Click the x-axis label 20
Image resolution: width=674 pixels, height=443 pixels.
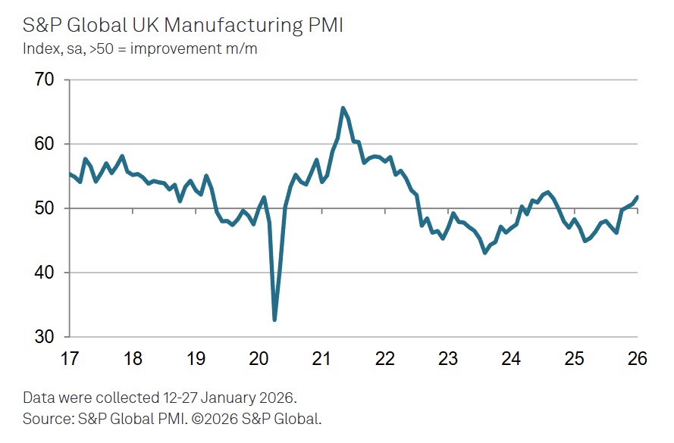click(259, 358)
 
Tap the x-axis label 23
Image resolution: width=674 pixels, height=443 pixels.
click(448, 358)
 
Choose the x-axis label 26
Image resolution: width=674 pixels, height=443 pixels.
click(638, 358)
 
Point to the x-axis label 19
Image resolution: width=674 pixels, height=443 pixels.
click(196, 358)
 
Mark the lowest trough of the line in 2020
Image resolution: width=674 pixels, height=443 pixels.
click(274, 320)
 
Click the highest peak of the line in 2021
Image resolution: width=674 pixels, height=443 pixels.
click(343, 108)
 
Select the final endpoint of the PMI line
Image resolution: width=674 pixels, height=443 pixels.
click(637, 197)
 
